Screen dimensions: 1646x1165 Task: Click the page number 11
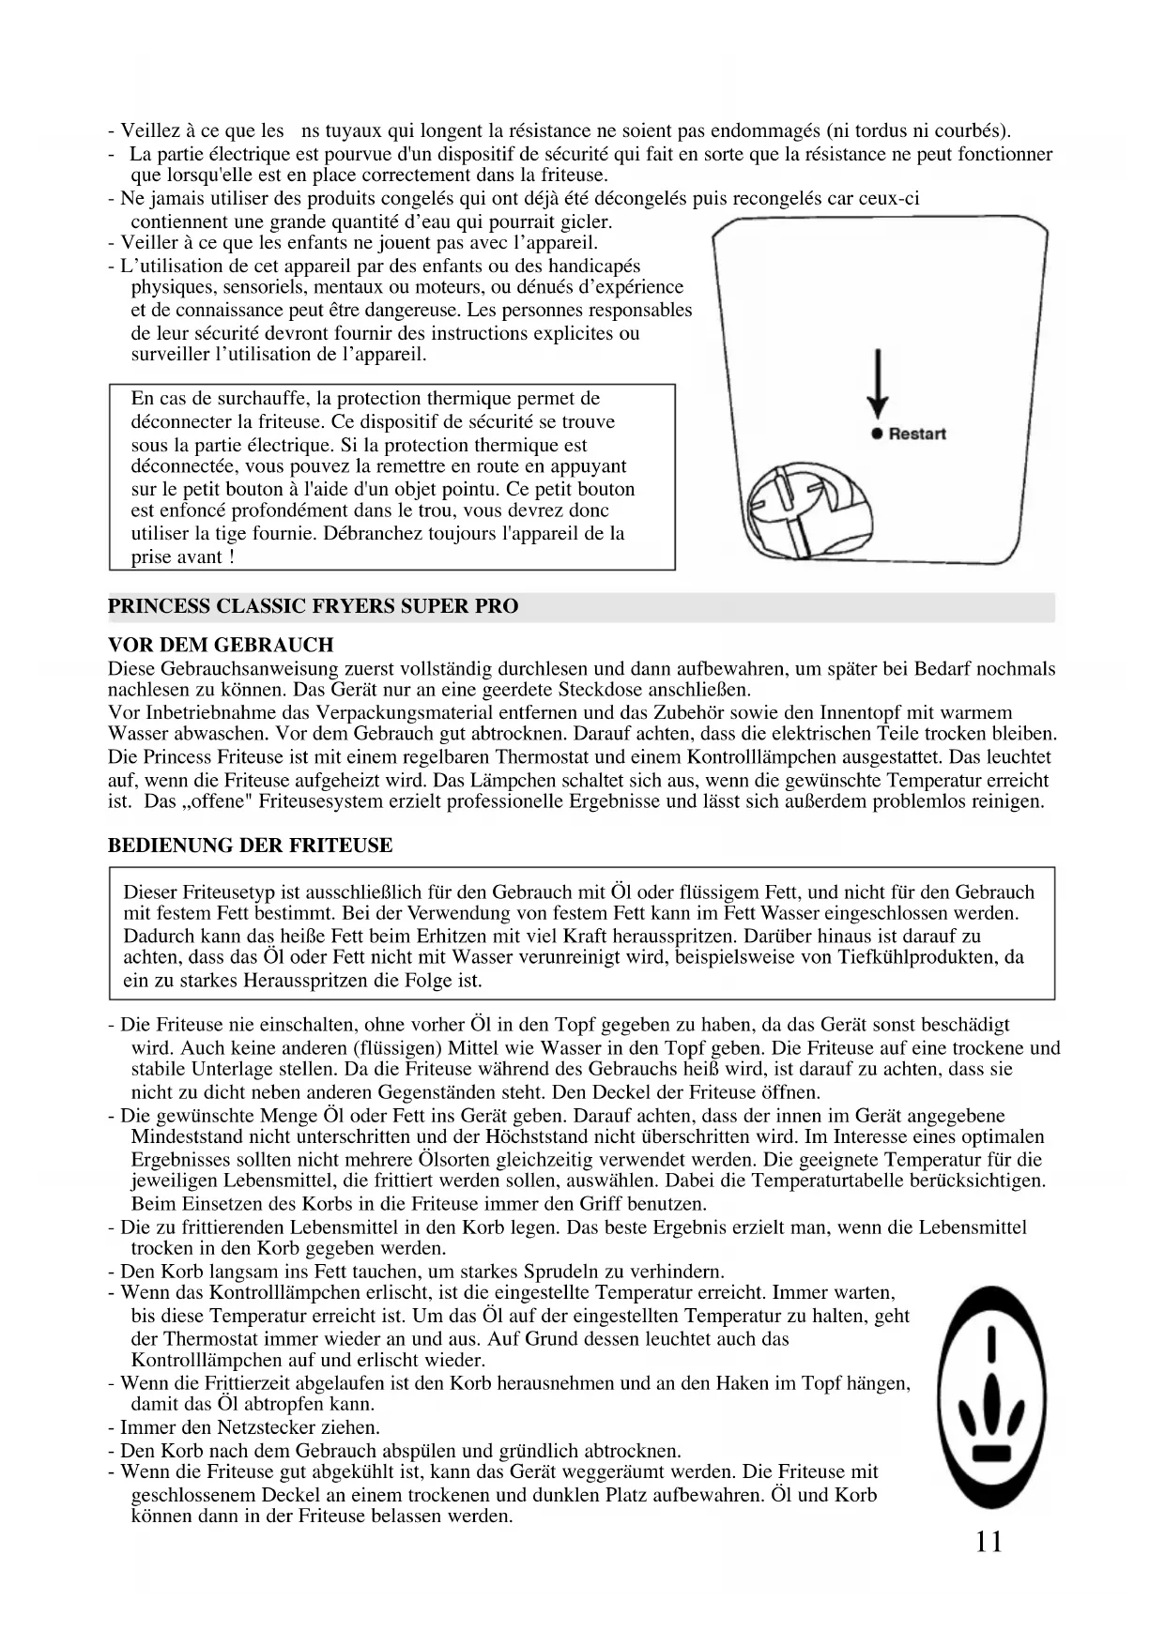tap(989, 1542)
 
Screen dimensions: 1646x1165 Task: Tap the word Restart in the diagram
tap(917, 434)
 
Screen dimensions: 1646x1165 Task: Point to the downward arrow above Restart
tap(878, 385)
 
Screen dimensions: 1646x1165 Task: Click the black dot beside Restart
tap(877, 434)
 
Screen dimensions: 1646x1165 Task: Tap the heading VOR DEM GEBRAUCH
tap(221, 645)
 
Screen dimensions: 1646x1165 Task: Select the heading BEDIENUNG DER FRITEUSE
tap(250, 845)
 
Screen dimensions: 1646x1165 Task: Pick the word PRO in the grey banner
tap(497, 606)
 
